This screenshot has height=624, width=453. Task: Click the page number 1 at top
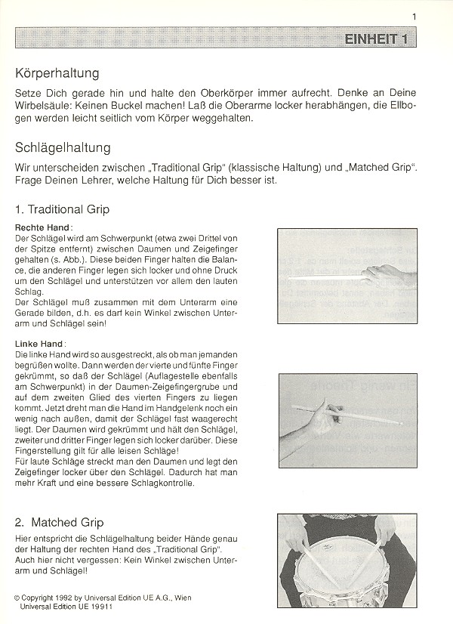pos(414,15)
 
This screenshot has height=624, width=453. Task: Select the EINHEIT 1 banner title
pos(374,40)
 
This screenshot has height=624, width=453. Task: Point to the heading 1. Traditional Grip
pos(62,209)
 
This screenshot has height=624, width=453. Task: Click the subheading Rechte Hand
pos(43,227)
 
